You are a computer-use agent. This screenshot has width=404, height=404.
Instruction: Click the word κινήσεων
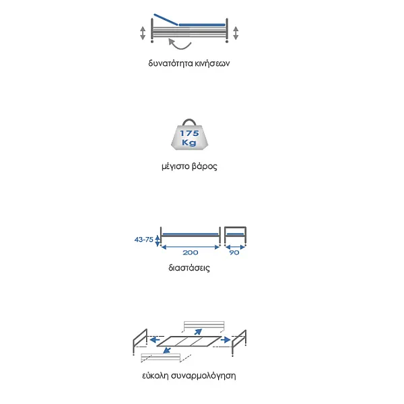tap(212, 63)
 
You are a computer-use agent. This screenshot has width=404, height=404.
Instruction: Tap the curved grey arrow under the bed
tap(180, 44)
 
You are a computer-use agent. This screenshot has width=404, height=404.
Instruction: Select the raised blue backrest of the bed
tap(166, 20)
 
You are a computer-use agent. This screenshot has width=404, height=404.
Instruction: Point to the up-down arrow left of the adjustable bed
tap(143, 33)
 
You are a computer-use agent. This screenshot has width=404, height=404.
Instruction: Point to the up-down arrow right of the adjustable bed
tap(236, 33)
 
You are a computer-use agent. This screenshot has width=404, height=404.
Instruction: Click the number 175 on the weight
tap(189, 133)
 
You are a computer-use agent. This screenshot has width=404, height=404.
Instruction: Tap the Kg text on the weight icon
tap(189, 143)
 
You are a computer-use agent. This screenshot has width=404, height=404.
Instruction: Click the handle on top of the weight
tap(189, 121)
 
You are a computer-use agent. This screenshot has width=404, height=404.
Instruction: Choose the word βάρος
tap(205, 166)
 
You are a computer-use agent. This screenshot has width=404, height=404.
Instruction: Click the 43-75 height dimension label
tap(144, 240)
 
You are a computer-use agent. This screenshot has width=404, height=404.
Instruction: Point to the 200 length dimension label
tap(191, 252)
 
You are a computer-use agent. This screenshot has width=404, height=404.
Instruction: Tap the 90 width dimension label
tap(234, 252)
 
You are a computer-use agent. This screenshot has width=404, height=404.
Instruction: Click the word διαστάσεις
tap(189, 268)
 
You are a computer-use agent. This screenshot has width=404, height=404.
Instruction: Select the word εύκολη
tap(155, 376)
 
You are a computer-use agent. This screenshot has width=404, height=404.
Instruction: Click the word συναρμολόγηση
tap(203, 376)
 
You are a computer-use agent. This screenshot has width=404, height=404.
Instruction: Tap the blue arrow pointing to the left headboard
tap(155, 340)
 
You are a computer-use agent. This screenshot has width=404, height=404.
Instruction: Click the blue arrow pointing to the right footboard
tap(226, 340)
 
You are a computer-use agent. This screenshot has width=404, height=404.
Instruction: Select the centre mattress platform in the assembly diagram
tap(189, 341)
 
